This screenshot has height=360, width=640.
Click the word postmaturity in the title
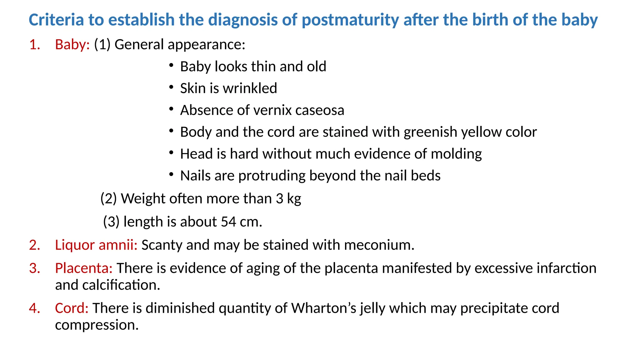(350, 20)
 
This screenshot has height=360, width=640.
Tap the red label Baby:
(72, 45)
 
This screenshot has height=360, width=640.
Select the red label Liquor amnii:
(96, 245)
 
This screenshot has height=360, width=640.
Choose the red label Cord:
(72, 308)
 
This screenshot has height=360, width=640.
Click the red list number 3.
(34, 268)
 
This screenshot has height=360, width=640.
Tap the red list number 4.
(34, 308)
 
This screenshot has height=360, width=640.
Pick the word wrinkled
(250, 88)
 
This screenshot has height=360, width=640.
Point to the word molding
(456, 154)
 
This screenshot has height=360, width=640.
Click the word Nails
(195, 176)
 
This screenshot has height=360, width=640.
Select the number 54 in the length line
(228, 222)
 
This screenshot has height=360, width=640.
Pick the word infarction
(567, 268)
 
